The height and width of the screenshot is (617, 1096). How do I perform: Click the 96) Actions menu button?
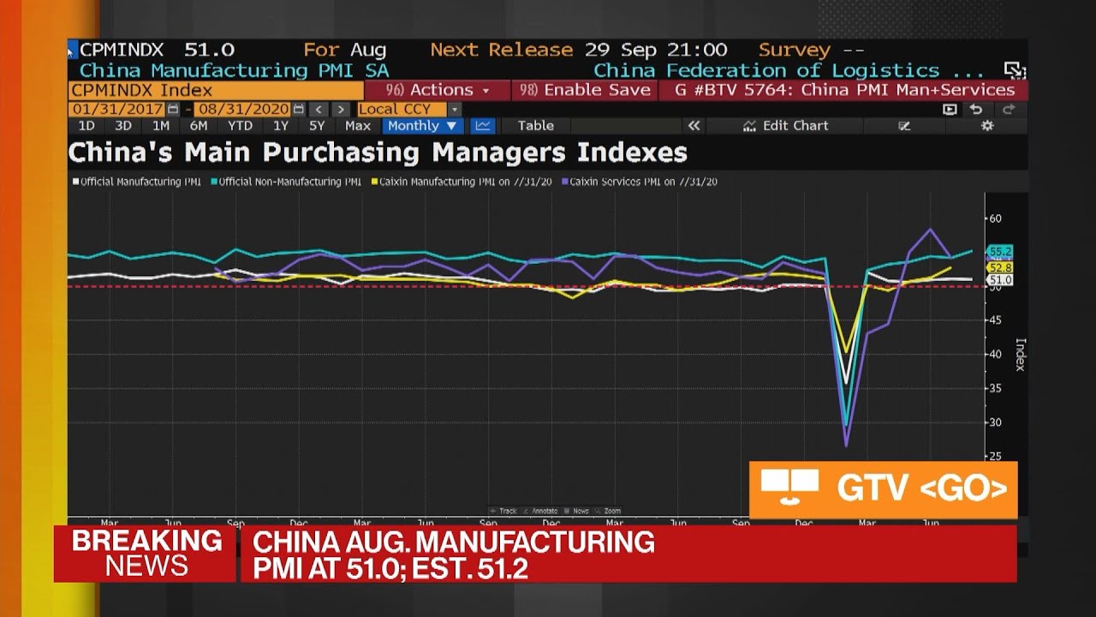pyautogui.click(x=438, y=90)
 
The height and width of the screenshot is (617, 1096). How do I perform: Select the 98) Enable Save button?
pyautogui.click(x=585, y=90)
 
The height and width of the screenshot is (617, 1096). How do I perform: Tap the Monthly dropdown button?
pyautogui.click(x=422, y=126)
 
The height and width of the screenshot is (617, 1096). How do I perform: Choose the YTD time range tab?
pyautogui.click(x=240, y=126)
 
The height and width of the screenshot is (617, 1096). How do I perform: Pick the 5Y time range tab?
pyautogui.click(x=317, y=126)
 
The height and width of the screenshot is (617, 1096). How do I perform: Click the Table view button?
pyautogui.click(x=536, y=126)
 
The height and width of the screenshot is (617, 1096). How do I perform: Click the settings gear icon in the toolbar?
pyautogui.click(x=987, y=126)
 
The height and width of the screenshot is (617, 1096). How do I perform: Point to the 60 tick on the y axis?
pyautogui.click(x=994, y=219)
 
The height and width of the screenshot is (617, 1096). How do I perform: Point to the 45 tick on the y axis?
pyautogui.click(x=994, y=320)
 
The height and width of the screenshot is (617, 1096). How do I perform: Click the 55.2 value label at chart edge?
pyautogui.click(x=999, y=251)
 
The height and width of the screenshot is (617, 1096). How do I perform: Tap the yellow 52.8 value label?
pyautogui.click(x=999, y=267)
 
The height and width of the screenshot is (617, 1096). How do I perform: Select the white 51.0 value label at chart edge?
pyautogui.click(x=999, y=280)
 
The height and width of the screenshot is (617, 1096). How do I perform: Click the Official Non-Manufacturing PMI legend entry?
pyautogui.click(x=288, y=182)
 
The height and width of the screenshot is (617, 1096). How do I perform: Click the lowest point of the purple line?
pyautogui.click(x=846, y=446)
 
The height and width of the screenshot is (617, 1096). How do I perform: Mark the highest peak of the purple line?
pyautogui.click(x=931, y=229)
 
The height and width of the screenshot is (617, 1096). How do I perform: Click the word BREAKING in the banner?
pyautogui.click(x=146, y=541)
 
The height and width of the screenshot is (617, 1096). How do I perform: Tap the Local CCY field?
pyautogui.click(x=402, y=109)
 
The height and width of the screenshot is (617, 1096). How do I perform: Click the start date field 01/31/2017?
pyautogui.click(x=118, y=109)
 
